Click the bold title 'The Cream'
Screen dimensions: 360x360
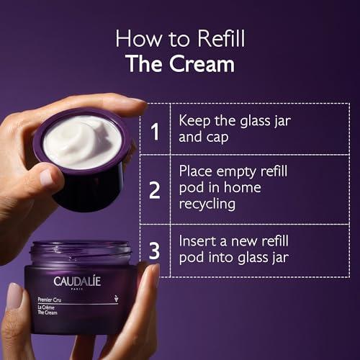click(179, 63)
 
